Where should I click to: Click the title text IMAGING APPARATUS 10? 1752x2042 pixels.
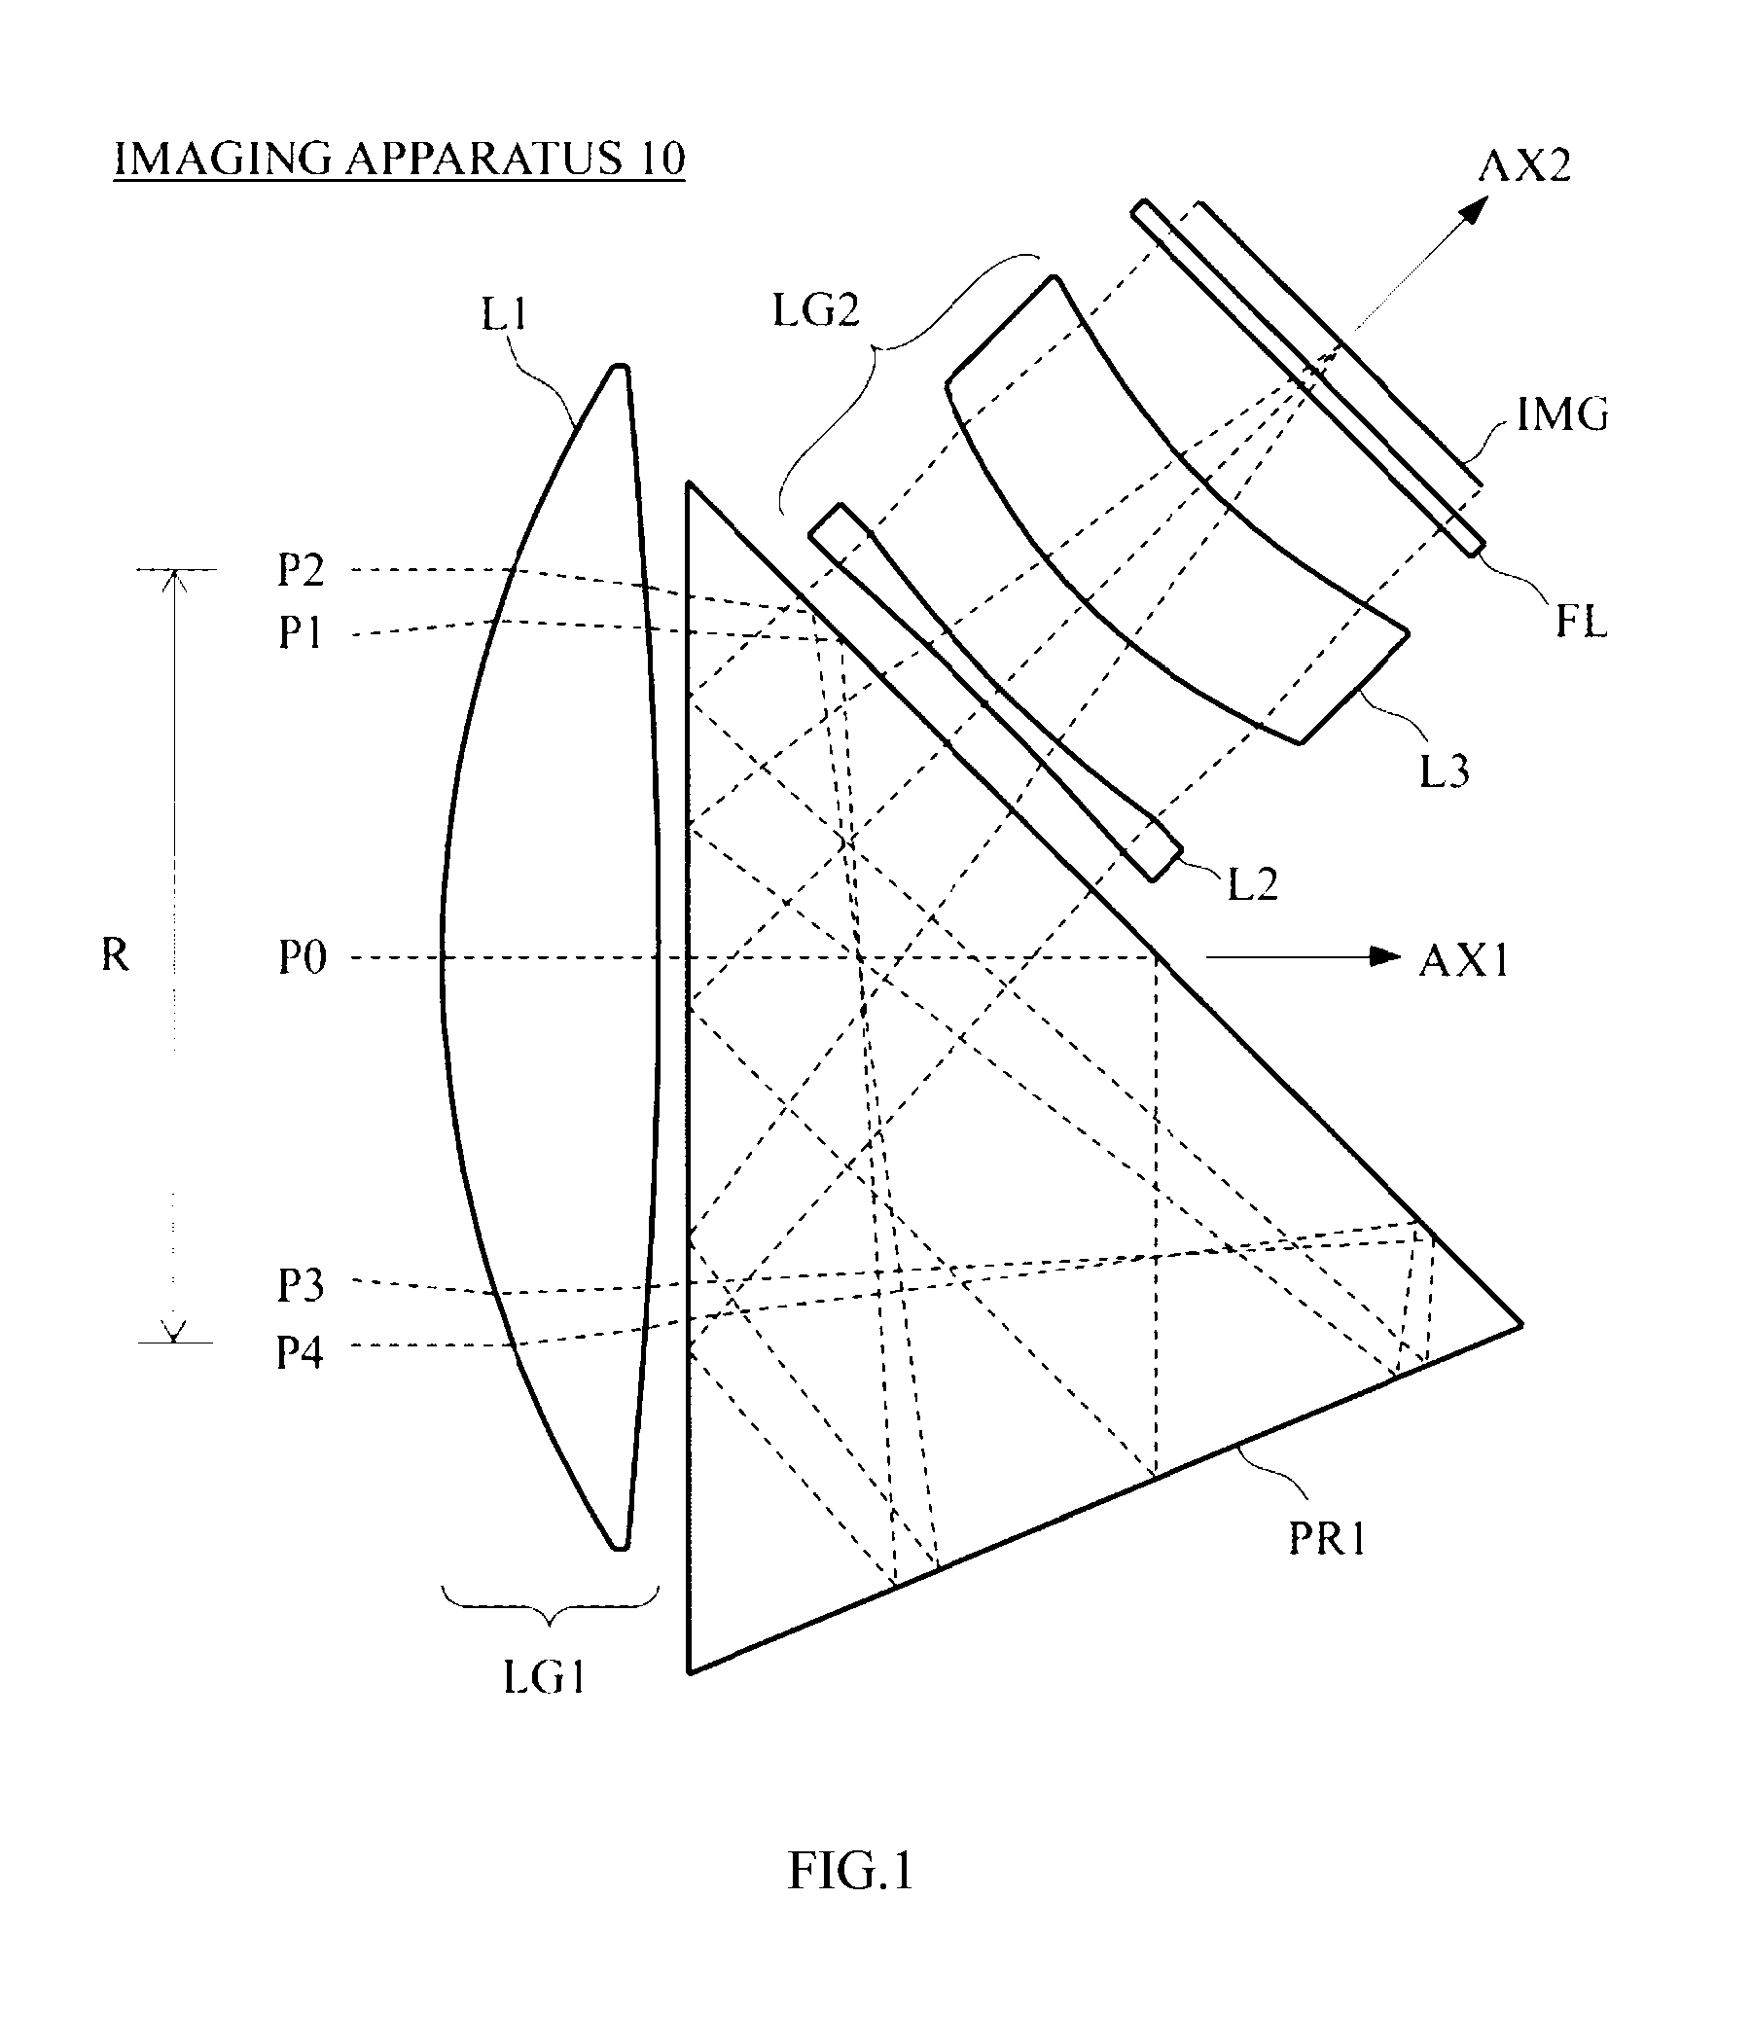coord(399,159)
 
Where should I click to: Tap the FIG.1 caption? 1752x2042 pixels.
coord(850,1870)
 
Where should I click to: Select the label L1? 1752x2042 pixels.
coord(505,314)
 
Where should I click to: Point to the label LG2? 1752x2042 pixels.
coord(816,310)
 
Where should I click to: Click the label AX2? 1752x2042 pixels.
coord(1523,165)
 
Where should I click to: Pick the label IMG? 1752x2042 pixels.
coord(1562,413)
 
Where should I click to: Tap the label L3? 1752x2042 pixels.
coord(1445,771)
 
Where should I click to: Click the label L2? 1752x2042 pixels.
coord(1252,885)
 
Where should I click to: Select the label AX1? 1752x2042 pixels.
coord(1463,960)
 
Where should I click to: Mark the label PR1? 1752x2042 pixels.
coord(1327,1538)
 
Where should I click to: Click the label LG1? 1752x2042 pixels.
coord(545,1676)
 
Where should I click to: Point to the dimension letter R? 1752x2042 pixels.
coord(116,955)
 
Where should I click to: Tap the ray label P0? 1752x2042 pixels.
coord(303,958)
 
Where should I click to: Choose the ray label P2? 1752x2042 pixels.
coord(301,570)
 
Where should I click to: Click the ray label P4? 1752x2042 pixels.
coord(300,1352)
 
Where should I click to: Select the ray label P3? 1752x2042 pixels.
coord(301,1285)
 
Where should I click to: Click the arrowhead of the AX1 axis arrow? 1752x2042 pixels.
coord(1387,956)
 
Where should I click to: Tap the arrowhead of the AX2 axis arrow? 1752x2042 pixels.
coord(1475,210)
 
